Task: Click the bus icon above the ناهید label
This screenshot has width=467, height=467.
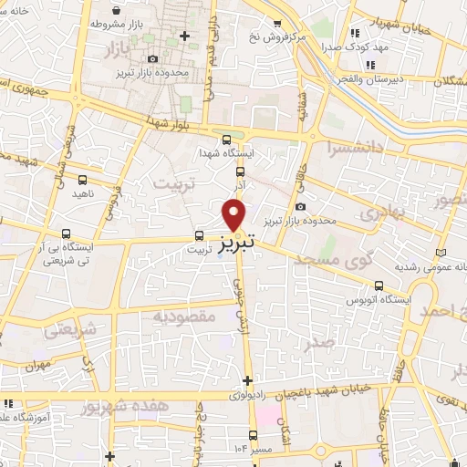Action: click(83, 180)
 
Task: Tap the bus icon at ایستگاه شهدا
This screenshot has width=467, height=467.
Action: click(241, 170)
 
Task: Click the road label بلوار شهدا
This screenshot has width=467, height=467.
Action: click(171, 122)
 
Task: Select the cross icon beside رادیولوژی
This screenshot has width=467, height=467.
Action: click(247, 380)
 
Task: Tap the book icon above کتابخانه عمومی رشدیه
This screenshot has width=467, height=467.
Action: click(442, 251)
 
